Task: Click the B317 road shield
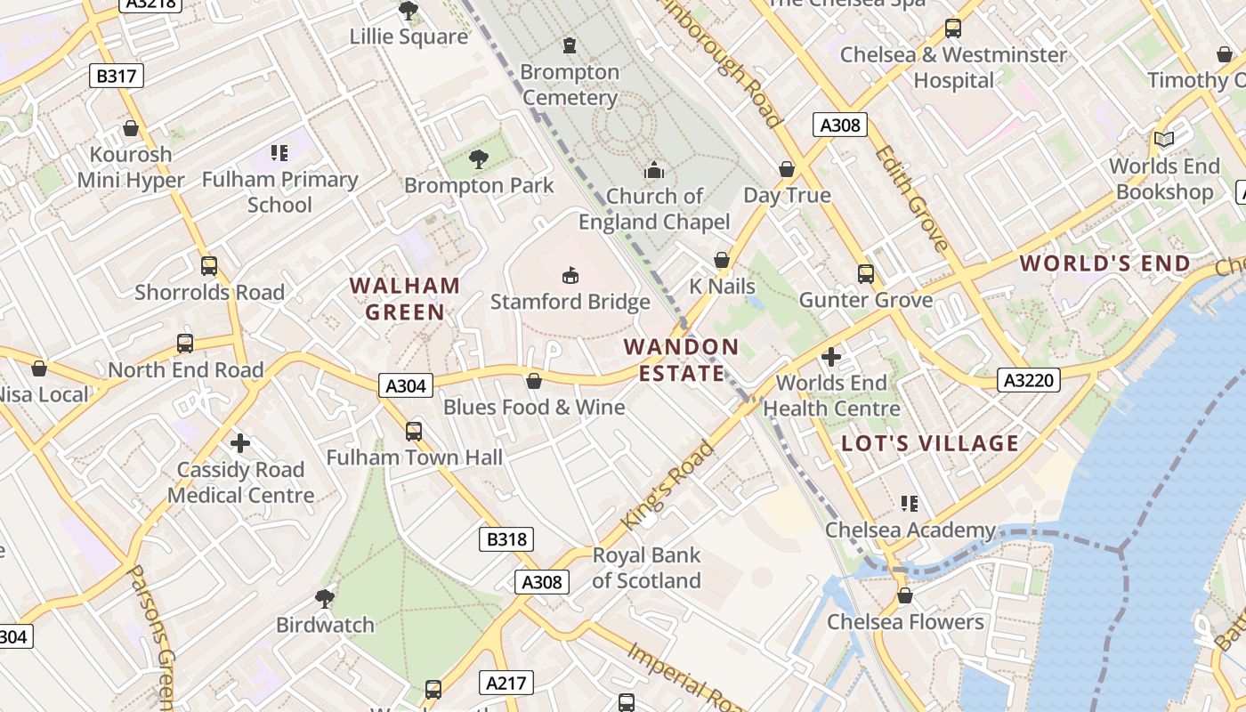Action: pos(117,76)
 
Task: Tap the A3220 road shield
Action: pos(1028,380)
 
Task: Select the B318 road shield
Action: pos(506,538)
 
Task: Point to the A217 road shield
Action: pos(506,684)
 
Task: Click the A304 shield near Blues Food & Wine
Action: pos(406,385)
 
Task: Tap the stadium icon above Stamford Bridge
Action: pos(570,275)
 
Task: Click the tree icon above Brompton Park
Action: pos(479,159)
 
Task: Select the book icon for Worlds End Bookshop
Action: pos(1163,139)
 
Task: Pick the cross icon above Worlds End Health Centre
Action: pos(831,357)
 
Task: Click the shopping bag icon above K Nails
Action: pos(722,260)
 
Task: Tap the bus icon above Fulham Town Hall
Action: pos(414,432)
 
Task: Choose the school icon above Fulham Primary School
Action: pos(279,153)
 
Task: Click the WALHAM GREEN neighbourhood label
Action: pos(405,299)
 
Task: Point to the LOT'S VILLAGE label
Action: pos(930,443)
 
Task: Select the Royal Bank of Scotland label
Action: pos(647,568)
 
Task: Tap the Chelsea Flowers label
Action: pos(905,621)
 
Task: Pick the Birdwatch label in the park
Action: pos(325,625)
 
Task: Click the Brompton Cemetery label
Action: pos(570,85)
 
